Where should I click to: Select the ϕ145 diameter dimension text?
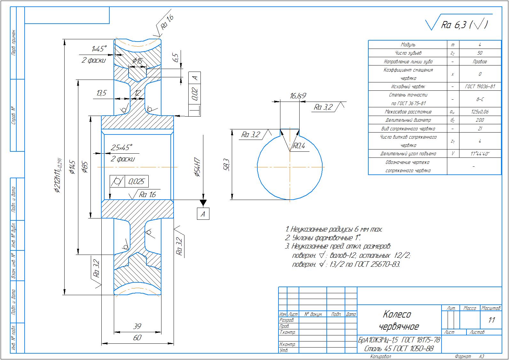tap(72, 167)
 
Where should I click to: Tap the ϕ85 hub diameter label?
tap(85, 167)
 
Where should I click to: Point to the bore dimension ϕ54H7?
tap(197, 167)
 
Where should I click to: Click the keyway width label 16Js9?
tap(298, 96)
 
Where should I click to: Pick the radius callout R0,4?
tap(299, 146)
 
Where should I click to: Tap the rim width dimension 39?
tap(137, 326)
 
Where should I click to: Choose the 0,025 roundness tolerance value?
tap(137, 182)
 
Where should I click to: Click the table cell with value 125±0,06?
tap(480, 112)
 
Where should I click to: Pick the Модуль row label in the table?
tap(408, 45)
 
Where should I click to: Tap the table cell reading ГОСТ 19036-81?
tap(480, 87)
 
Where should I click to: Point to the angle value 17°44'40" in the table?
tap(480, 154)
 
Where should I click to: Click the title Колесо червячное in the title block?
tap(398, 320)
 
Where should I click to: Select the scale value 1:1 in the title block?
tap(491, 320)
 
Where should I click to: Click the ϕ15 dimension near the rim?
tap(137, 61)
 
